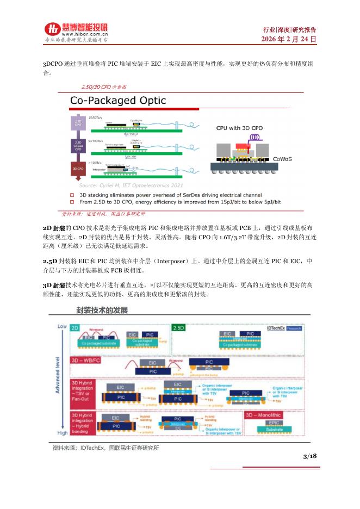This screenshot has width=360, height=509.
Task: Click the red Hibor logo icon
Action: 52,30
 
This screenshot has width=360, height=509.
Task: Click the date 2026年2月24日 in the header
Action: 289,40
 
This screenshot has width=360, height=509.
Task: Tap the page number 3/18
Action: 310,456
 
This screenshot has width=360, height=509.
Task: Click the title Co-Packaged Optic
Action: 119,101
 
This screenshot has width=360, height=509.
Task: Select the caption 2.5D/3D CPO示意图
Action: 104,87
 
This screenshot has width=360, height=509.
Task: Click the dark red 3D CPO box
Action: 78,169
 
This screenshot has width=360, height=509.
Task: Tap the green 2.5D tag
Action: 178,329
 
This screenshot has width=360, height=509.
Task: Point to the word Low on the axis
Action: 62,326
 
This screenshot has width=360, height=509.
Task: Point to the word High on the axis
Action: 62,433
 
